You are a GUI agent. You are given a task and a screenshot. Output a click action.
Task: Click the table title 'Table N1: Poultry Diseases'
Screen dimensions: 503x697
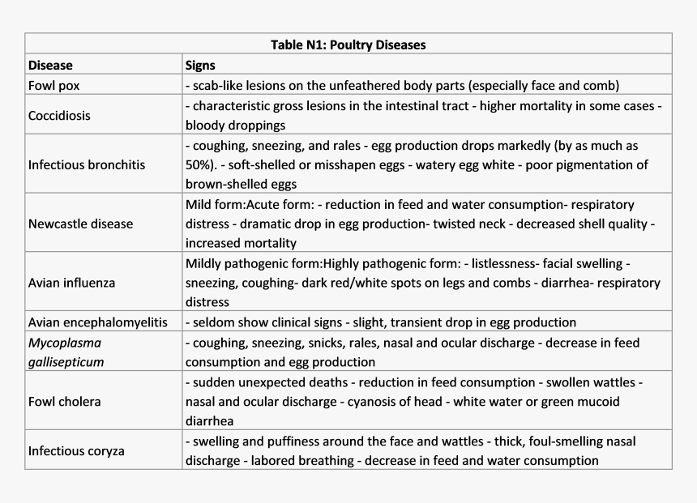coord(348,45)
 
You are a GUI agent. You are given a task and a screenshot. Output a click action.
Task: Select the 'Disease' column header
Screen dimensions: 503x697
coord(50,65)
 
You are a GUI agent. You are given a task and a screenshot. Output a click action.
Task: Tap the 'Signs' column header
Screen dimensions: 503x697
coord(200,65)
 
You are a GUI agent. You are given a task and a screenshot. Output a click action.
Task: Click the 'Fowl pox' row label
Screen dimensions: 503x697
coord(53,85)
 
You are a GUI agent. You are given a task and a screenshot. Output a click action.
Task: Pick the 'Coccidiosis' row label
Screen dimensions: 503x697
coord(59,115)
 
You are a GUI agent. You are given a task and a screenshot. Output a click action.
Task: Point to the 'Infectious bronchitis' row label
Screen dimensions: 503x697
coord(87,164)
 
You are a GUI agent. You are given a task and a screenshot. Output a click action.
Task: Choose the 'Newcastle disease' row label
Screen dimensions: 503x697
coord(80,223)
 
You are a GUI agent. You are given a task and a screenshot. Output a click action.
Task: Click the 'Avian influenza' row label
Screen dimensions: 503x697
coord(71,283)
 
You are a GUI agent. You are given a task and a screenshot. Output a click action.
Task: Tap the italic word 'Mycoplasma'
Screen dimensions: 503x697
coord(65,342)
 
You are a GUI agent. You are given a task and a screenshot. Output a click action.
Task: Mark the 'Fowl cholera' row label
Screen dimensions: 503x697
coord(64,401)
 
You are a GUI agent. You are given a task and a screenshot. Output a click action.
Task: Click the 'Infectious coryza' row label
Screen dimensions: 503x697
coord(76,450)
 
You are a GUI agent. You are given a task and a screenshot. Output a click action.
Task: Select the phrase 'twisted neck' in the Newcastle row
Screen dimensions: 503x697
coord(470,224)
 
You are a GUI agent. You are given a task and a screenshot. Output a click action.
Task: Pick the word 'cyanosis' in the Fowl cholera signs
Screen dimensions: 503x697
coord(370,402)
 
